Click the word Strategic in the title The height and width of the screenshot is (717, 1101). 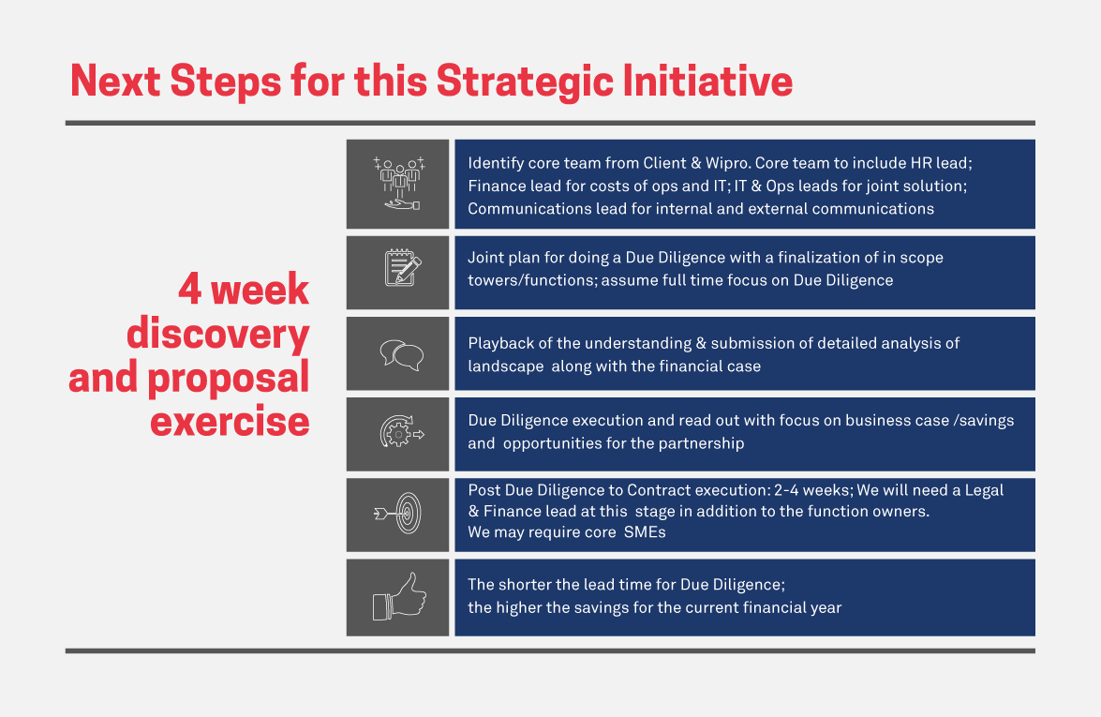(525, 82)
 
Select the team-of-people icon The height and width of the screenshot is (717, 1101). (399, 184)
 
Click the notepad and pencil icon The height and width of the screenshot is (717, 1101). (402, 267)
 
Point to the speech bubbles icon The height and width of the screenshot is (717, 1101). (402, 354)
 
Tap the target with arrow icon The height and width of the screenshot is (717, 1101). (398, 514)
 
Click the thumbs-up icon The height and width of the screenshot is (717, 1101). (399, 597)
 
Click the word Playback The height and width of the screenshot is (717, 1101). (500, 343)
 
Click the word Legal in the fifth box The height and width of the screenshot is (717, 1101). (984, 491)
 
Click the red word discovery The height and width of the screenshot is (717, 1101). (217, 335)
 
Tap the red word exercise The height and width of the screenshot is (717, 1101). (230, 422)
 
